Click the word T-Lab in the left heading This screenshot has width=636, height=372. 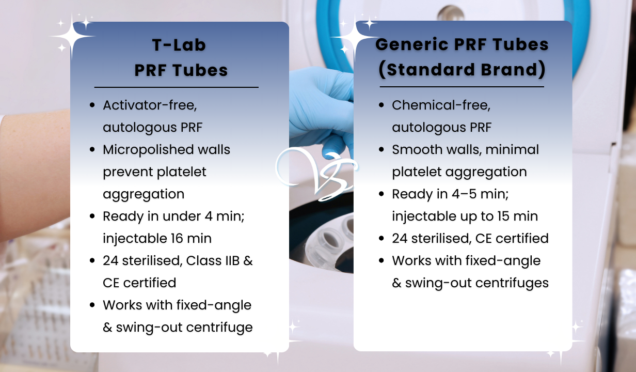(179, 45)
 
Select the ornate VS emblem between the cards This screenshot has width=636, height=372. (316, 174)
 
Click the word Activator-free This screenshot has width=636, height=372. (150, 105)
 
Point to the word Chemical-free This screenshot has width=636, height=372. (441, 105)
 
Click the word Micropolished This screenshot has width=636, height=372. (148, 150)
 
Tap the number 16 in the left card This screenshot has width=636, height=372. (177, 238)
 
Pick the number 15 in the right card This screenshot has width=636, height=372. (503, 216)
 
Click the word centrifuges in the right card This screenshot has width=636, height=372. (512, 283)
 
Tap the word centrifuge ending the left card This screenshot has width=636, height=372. (219, 328)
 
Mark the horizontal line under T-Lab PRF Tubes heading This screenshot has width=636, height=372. (177, 87)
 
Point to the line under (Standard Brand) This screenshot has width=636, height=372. (462, 87)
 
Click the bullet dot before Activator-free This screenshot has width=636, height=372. (92, 105)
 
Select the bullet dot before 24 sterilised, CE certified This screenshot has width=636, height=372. (381, 238)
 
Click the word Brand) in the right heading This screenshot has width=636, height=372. (513, 70)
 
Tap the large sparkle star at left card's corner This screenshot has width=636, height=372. (72, 36)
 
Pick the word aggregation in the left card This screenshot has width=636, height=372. (144, 195)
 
